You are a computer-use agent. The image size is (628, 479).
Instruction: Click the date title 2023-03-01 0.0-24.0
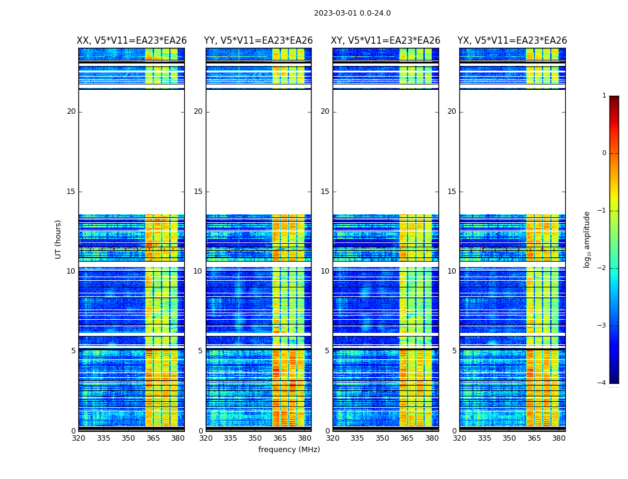pyautogui.click(x=352, y=13)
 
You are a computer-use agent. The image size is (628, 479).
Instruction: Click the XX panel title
pyautogui.click(x=132, y=41)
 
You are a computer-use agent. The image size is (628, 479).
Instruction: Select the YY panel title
pyautogui.click(x=258, y=41)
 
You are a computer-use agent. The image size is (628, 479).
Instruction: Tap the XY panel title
pyautogui.click(x=385, y=41)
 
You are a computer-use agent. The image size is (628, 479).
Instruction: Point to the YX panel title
pyautogui.click(x=512, y=41)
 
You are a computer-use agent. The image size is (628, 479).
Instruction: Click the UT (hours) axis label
pyautogui.click(x=59, y=239)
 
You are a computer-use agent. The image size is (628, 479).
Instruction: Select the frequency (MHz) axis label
pyautogui.click(x=289, y=450)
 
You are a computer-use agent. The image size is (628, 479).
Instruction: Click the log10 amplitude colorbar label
pyautogui.click(x=587, y=239)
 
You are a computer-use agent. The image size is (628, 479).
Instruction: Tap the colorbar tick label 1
pyautogui.click(x=603, y=96)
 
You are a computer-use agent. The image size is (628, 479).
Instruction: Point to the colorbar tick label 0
pyautogui.click(x=603, y=153)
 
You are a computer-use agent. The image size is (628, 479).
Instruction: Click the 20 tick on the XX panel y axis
pyautogui.click(x=71, y=111)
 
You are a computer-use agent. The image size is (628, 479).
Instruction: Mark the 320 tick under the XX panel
pyautogui.click(x=78, y=438)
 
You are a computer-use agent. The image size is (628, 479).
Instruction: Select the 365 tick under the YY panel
pyautogui.click(x=280, y=438)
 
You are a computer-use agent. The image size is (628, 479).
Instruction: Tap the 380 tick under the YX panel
pyautogui.click(x=559, y=438)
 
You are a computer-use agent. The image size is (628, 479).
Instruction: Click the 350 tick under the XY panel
pyautogui.click(x=382, y=438)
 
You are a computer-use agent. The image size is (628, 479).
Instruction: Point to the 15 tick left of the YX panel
pyautogui.click(x=452, y=192)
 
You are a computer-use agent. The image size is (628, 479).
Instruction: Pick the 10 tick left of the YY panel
pyautogui.click(x=197, y=271)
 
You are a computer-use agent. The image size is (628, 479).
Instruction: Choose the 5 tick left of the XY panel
pyautogui.click(x=327, y=351)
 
